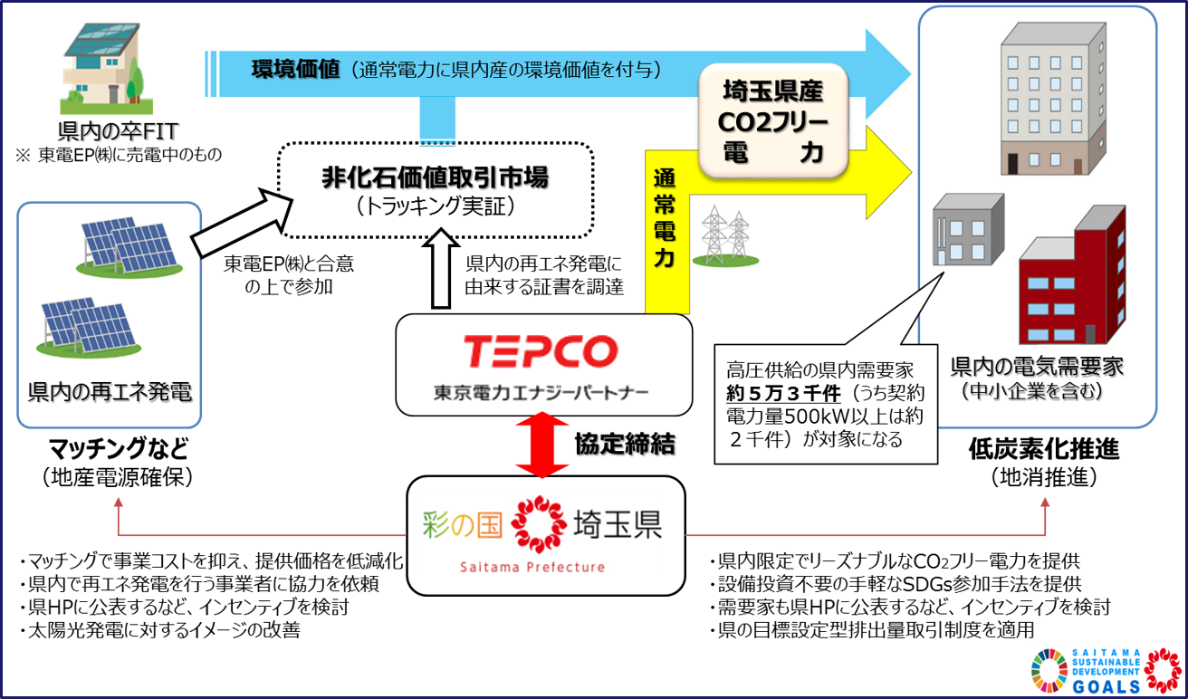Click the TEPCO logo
pyautogui.click(x=541, y=351)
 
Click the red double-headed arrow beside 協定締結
pyautogui.click(x=541, y=445)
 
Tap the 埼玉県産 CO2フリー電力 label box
pyautogui.click(x=772, y=120)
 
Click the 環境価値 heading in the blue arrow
pyautogui.click(x=295, y=69)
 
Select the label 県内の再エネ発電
pyautogui.click(x=110, y=393)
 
